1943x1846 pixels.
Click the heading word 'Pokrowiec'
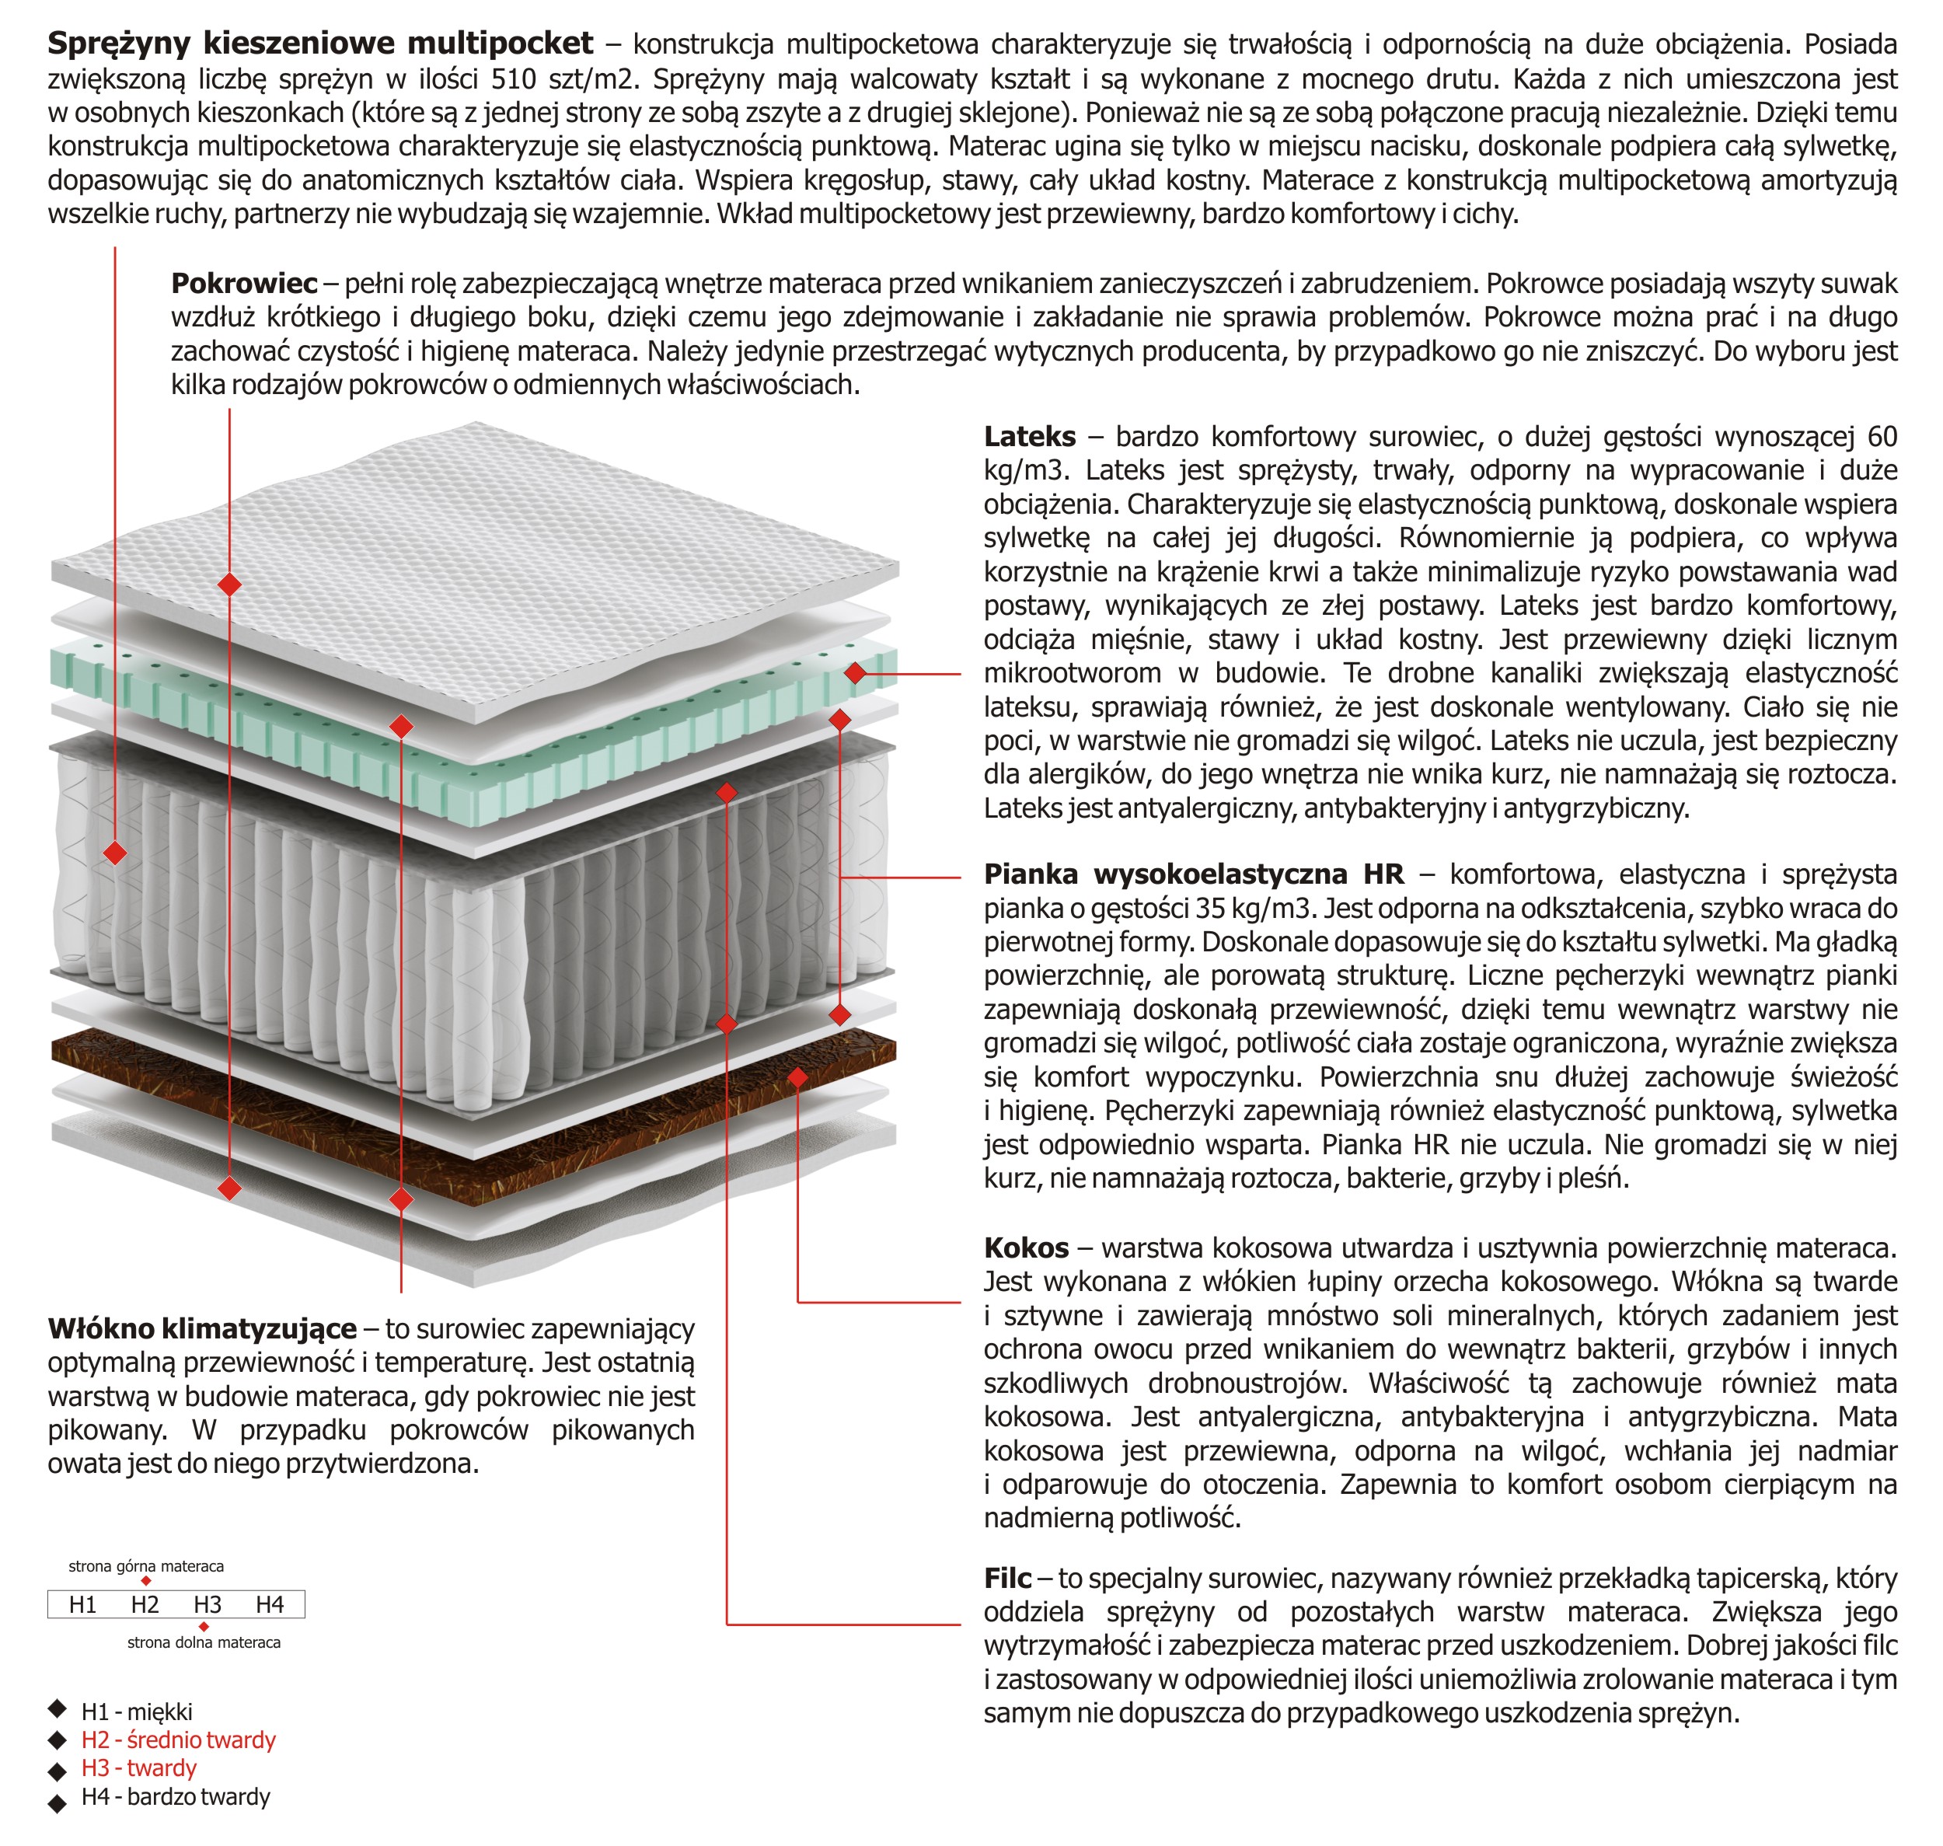click(x=244, y=284)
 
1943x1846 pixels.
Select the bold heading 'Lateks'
click(x=1029, y=437)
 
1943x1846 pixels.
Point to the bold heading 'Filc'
click(x=1007, y=1579)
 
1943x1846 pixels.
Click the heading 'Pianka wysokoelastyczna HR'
click(x=1193, y=874)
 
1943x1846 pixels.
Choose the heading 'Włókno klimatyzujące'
click(x=201, y=1329)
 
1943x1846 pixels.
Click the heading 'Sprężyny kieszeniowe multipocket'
click(x=319, y=44)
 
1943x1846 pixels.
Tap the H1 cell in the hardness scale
click(x=82, y=1605)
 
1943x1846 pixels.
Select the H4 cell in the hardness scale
click(x=270, y=1605)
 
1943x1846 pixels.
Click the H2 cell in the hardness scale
click(x=145, y=1605)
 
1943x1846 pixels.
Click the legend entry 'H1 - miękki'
click(x=137, y=1712)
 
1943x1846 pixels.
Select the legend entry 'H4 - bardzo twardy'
click(x=175, y=1797)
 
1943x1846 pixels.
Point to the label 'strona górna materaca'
click(x=145, y=1565)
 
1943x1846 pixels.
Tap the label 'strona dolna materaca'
click(x=204, y=1642)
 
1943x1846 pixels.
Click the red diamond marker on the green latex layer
click(x=855, y=673)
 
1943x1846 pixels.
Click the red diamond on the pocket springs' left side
click(x=115, y=852)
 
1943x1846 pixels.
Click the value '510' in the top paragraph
click(x=514, y=79)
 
